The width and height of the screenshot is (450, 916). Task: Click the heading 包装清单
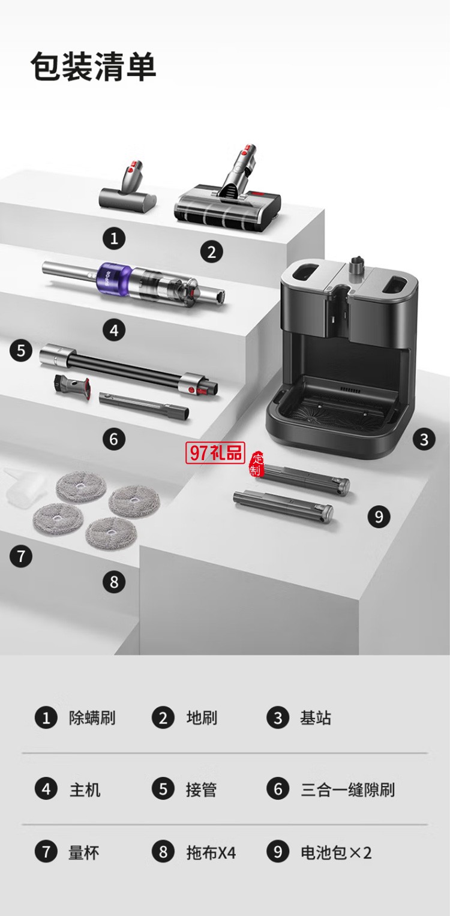(x=94, y=67)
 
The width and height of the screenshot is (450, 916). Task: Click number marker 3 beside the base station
(x=424, y=440)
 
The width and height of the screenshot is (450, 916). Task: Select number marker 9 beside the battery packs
(x=379, y=516)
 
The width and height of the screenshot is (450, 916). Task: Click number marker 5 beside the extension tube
(x=21, y=350)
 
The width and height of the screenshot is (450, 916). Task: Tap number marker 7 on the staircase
(x=21, y=557)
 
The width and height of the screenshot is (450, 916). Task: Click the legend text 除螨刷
(x=92, y=718)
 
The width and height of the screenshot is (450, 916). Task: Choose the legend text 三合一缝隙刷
(x=347, y=789)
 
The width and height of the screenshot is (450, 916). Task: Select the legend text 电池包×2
(x=336, y=852)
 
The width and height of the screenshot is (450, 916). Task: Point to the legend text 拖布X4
(x=211, y=852)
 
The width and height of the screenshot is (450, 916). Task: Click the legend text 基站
(x=315, y=718)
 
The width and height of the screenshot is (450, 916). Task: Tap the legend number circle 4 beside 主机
(x=46, y=789)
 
